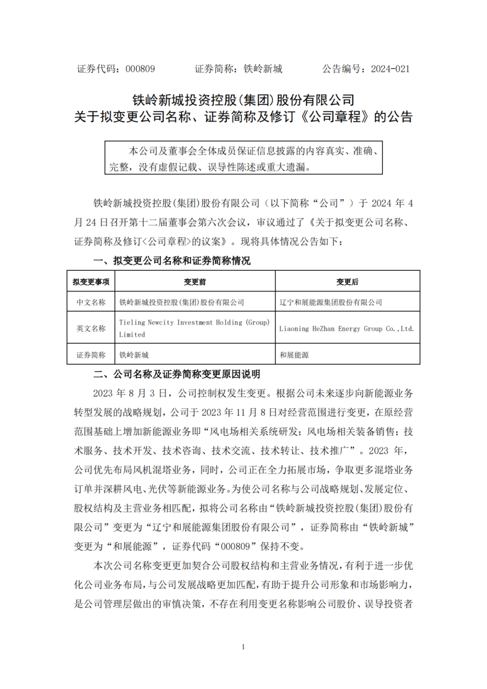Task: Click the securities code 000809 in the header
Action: point(140,69)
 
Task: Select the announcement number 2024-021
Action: point(390,69)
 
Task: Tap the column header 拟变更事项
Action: point(91,282)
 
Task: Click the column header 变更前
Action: point(195,282)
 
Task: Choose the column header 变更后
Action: point(347,282)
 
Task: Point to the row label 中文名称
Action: point(91,302)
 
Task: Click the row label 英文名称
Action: point(91,328)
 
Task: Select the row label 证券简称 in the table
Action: point(91,355)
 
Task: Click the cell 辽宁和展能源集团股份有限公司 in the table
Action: point(331,302)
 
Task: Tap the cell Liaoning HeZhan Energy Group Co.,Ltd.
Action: point(346,329)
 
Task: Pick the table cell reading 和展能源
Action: point(294,355)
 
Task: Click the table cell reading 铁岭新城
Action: point(134,355)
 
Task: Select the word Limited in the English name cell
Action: point(132,335)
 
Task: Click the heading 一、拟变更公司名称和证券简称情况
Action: point(172,261)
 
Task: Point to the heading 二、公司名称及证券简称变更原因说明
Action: point(177,374)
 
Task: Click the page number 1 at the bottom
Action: point(243,647)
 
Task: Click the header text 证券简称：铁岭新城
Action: point(239,69)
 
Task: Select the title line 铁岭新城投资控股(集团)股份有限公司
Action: point(243,100)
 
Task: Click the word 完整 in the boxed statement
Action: point(119,167)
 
